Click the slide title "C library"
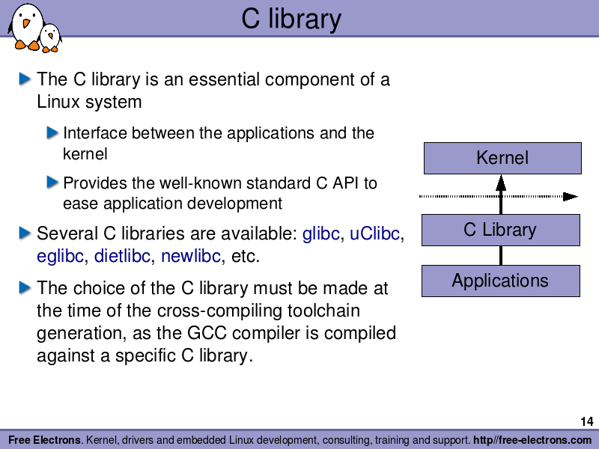click(291, 19)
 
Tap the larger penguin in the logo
click(26, 25)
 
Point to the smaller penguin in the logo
click(50, 37)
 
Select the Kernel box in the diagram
click(502, 158)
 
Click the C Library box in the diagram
click(500, 230)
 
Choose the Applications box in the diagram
click(500, 281)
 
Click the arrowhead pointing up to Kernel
click(501, 181)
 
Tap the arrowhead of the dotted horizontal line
click(571, 197)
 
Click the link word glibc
click(320, 233)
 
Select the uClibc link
click(375, 233)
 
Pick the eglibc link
click(60, 257)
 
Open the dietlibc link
click(122, 257)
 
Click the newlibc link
click(191, 257)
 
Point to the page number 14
click(586, 422)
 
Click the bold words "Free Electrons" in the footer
click(45, 440)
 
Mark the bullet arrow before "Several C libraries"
click(25, 233)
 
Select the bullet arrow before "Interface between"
click(52, 133)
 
